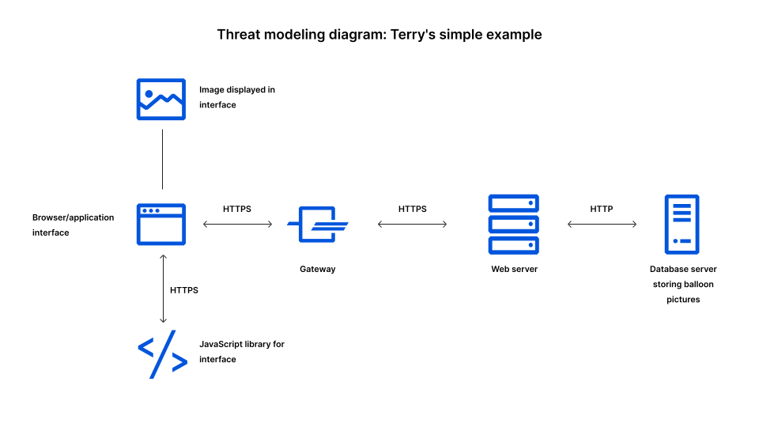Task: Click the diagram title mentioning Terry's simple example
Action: [379, 35]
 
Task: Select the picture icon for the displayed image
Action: [161, 99]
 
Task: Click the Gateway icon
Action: [318, 225]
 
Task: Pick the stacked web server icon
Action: [513, 224]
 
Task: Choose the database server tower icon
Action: [682, 224]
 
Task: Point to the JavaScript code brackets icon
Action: [163, 353]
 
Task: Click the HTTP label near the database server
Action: [601, 209]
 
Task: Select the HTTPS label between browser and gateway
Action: [237, 209]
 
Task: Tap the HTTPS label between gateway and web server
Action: [412, 209]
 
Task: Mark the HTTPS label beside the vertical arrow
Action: [184, 290]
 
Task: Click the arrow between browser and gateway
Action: [237, 225]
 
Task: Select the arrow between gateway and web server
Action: [412, 225]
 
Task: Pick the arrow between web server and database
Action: [602, 225]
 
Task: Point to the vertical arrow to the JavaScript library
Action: [163, 289]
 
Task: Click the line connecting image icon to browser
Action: [162, 159]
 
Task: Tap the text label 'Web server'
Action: [514, 269]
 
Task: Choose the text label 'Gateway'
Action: [317, 269]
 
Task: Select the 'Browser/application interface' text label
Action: [73, 225]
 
